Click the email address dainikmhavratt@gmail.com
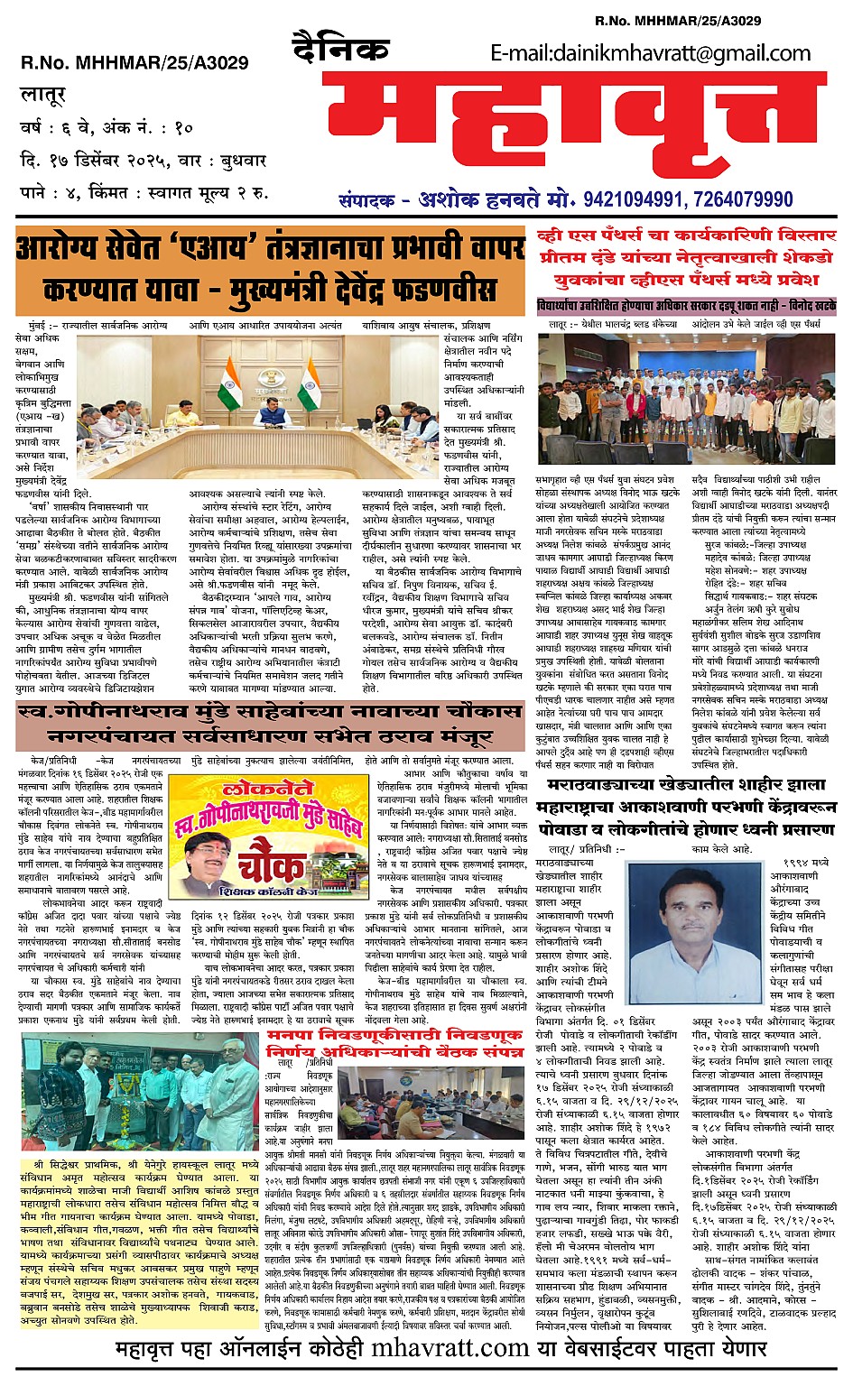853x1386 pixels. point(651,53)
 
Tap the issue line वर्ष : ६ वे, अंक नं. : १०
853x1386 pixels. point(107,127)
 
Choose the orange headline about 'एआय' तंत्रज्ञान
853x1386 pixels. point(269,268)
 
